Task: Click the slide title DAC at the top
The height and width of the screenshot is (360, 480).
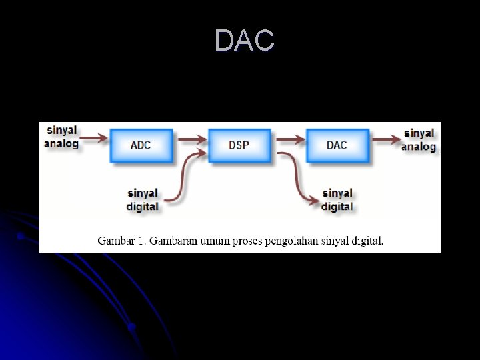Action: click(244, 41)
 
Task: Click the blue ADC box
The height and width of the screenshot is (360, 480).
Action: click(141, 145)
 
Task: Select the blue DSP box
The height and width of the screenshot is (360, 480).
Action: click(239, 145)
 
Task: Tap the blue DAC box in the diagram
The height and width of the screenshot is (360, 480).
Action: click(337, 145)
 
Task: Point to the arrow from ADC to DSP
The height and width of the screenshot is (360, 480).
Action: click(191, 139)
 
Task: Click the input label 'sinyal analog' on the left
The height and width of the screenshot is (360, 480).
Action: click(61, 137)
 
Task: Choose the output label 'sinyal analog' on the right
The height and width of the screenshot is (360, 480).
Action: click(419, 140)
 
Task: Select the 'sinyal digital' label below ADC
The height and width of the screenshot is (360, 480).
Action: click(143, 200)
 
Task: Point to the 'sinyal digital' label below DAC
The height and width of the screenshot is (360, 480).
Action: click(337, 200)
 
